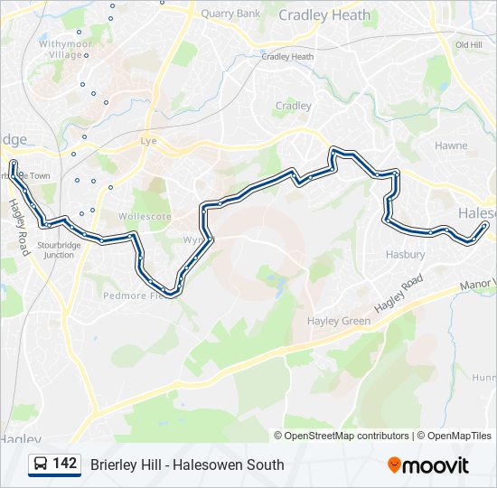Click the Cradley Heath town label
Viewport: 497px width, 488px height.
[324, 15]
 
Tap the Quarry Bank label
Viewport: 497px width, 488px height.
[230, 14]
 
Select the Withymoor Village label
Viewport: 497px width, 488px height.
[65, 49]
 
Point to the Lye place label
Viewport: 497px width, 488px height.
[149, 142]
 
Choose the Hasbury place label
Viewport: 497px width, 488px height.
[405, 255]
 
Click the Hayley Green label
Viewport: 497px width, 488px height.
[339, 321]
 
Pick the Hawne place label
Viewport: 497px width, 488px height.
[451, 145]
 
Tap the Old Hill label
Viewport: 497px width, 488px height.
[468, 44]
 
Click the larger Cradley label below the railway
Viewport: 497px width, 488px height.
[293, 106]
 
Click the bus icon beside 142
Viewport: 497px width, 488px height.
[40, 465]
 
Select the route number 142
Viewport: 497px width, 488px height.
[65, 464]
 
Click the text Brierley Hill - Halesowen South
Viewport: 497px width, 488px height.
[187, 465]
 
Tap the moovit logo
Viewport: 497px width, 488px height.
[428, 465]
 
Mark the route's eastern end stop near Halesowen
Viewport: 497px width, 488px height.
[486, 224]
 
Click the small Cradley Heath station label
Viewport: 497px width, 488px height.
[287, 57]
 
